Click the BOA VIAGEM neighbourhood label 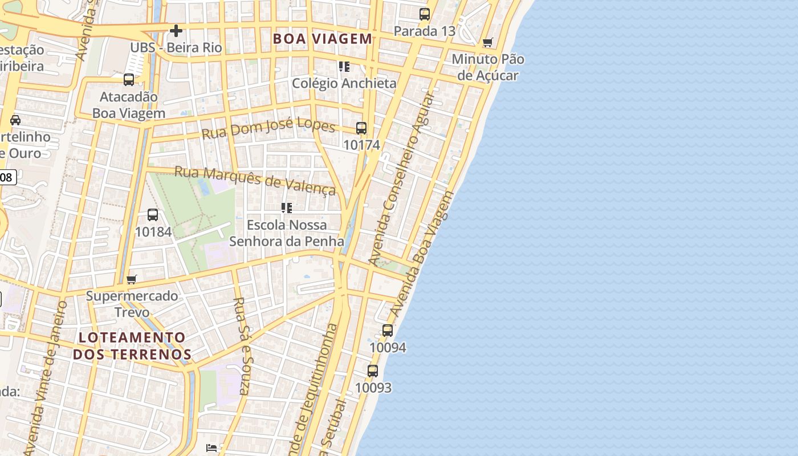322,39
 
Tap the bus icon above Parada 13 425,14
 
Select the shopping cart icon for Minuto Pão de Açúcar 487,43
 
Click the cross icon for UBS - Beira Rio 176,31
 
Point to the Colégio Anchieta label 344,83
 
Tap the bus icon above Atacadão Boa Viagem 129,80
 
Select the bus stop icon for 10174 361,128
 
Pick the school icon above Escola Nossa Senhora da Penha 287,208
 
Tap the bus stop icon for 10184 153,215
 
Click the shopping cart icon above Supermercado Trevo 132,279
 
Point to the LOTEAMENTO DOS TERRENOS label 132,345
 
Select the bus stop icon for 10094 388,331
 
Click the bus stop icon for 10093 373,371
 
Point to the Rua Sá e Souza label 242,345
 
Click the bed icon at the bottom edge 211,448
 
